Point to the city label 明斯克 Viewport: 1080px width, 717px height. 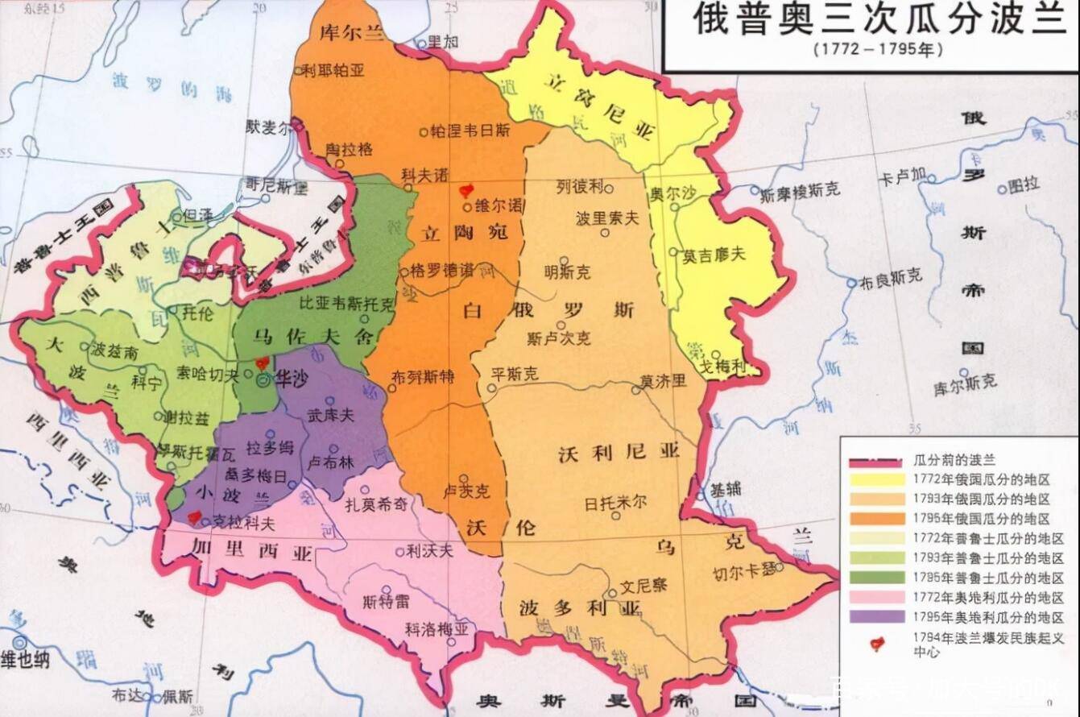[x=566, y=271]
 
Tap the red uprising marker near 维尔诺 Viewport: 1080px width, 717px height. [x=465, y=191]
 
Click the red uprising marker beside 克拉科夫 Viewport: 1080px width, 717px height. [x=193, y=516]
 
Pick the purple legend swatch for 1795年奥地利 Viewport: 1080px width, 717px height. [x=876, y=617]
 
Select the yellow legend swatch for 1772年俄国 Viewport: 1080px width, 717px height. [x=876, y=479]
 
